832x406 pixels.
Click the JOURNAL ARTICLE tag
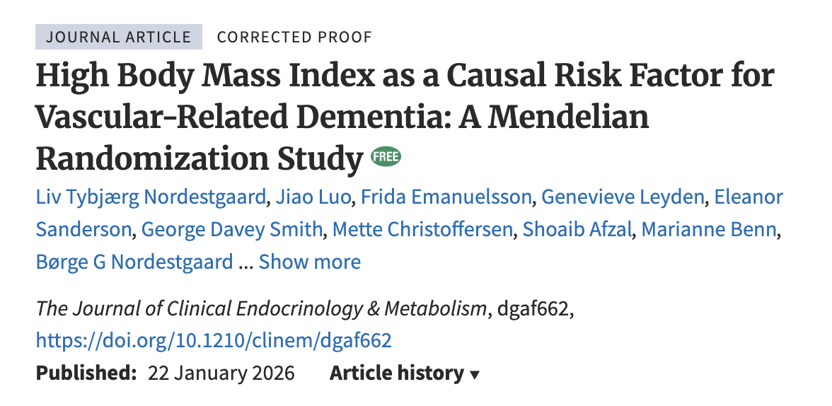coord(119,37)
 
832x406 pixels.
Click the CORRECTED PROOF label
coord(294,37)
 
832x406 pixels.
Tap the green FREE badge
coord(386,156)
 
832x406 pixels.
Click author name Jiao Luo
coord(313,197)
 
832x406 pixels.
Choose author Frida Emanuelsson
coord(446,197)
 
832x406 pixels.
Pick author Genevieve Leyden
coord(623,197)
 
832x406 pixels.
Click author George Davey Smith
coord(231,229)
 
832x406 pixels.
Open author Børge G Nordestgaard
coord(134,262)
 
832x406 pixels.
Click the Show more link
coord(310,262)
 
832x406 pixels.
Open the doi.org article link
coord(214,341)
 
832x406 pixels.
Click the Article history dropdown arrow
coord(475,374)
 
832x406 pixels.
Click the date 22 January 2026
coord(221,373)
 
